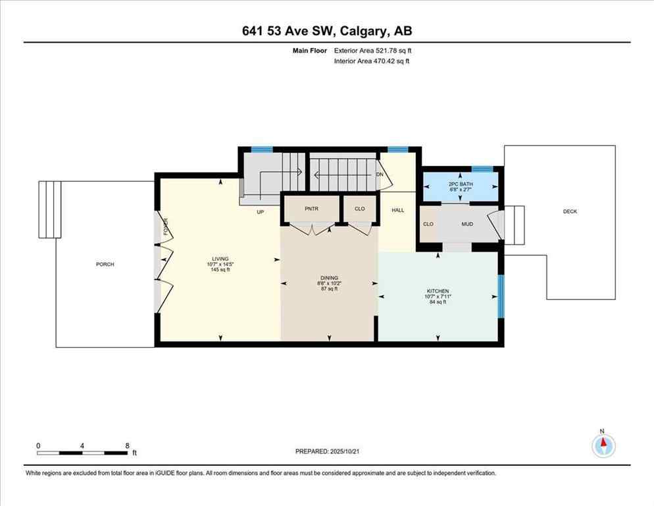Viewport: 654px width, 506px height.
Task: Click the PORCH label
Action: pyautogui.click(x=105, y=264)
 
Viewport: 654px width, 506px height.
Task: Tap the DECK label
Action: pyautogui.click(x=570, y=211)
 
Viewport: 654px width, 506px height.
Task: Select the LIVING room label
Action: pyautogui.click(x=219, y=258)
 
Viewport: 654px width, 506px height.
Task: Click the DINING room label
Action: pyautogui.click(x=329, y=278)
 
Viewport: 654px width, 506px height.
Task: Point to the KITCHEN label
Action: pyautogui.click(x=438, y=291)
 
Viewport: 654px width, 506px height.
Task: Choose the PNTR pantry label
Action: pyautogui.click(x=311, y=209)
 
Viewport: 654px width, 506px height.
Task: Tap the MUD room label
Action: pyautogui.click(x=467, y=224)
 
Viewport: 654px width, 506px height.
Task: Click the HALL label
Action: pyautogui.click(x=398, y=210)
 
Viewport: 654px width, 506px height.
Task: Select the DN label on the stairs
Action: pyautogui.click(x=380, y=174)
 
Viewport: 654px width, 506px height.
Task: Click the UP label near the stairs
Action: pyautogui.click(x=261, y=212)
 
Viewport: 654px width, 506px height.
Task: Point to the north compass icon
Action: pyautogui.click(x=603, y=445)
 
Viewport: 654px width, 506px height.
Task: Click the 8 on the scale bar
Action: pyautogui.click(x=126, y=445)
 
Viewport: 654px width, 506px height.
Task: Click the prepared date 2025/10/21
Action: pyautogui.click(x=357, y=451)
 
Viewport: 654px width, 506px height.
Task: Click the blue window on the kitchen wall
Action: pyautogui.click(x=500, y=296)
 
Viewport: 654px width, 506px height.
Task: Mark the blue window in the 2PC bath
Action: pyautogui.click(x=482, y=169)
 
